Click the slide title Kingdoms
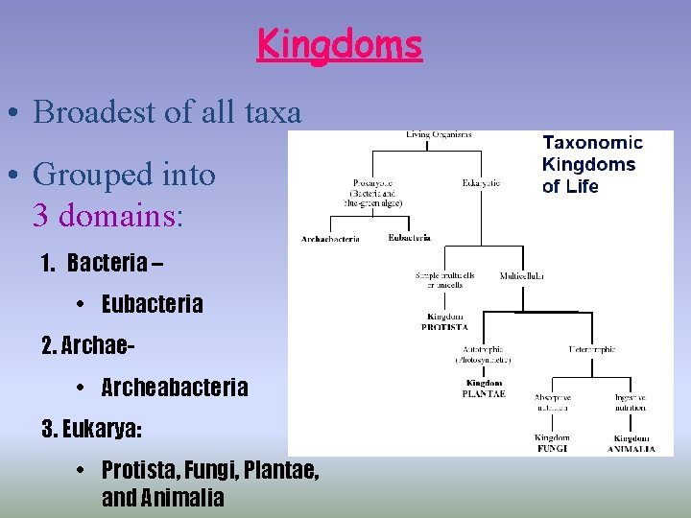point(339,44)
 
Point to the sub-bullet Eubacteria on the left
point(152,304)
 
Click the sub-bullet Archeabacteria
point(174,388)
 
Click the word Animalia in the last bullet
point(180,498)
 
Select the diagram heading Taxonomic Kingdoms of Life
point(592,164)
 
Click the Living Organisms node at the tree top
point(439,135)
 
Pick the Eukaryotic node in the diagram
point(481,182)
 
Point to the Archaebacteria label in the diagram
point(330,239)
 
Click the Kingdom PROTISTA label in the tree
point(444,321)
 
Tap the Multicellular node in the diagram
point(522,275)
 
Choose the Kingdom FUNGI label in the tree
point(552,443)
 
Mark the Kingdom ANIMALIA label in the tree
point(632,443)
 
